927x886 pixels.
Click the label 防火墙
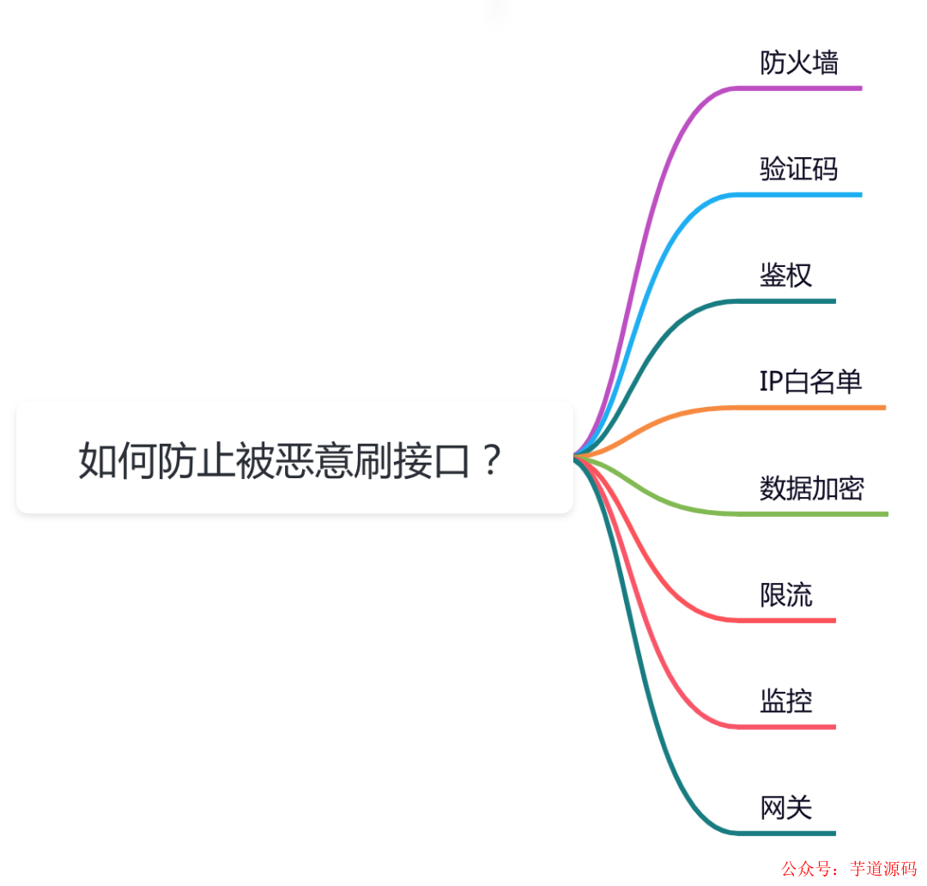pos(799,63)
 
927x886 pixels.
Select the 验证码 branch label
pos(799,169)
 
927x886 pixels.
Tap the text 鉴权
pos(785,276)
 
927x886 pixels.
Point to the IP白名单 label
pos(810,382)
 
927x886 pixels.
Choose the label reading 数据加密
pos(812,489)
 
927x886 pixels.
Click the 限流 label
pos(785,595)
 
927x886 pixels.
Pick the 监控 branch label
pos(785,701)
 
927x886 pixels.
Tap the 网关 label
pos(785,808)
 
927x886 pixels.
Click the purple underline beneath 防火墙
pos(799,88)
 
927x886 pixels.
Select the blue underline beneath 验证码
pos(799,195)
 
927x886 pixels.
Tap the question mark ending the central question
pos(492,461)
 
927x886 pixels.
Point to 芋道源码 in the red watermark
pos(882,869)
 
